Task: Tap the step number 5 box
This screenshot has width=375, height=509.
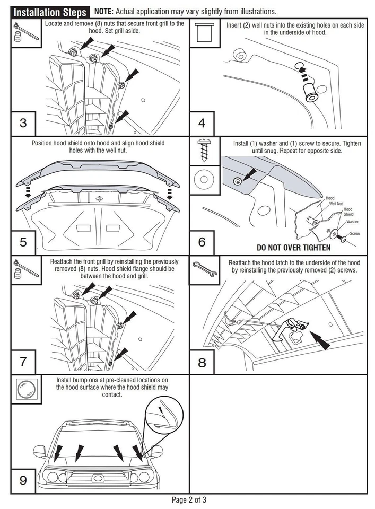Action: [23, 242]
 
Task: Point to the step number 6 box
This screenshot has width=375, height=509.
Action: [202, 242]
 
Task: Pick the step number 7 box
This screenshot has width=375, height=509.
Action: [23, 362]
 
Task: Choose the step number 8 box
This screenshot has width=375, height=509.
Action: [202, 363]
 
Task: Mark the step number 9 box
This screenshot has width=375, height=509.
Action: [23, 480]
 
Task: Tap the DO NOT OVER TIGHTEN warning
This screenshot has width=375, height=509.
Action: [293, 248]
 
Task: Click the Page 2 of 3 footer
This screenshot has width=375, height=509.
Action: [188, 499]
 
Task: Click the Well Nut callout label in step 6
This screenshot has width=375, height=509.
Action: [336, 204]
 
